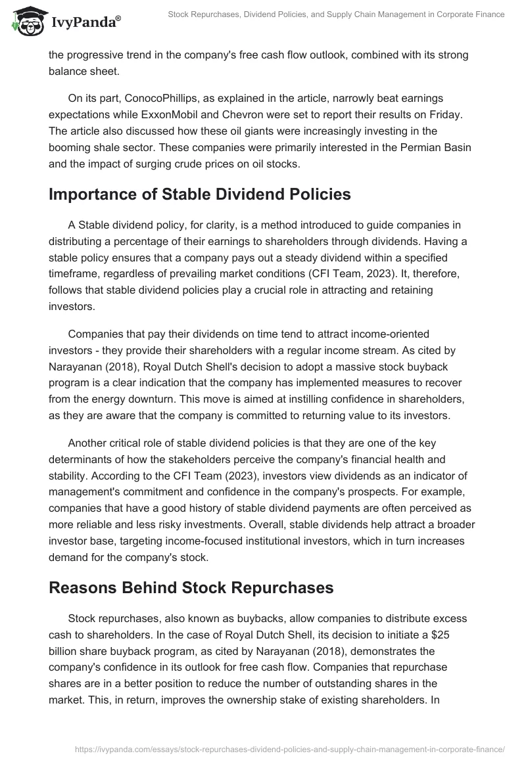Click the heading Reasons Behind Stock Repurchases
click(x=191, y=588)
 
